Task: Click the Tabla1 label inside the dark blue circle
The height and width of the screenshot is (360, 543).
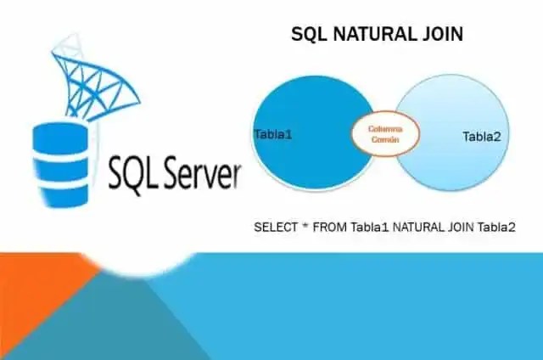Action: [273, 134]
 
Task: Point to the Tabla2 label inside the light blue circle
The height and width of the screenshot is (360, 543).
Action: [482, 137]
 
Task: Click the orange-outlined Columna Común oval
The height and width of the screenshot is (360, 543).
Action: [384, 133]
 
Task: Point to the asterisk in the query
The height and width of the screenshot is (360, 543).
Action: [305, 227]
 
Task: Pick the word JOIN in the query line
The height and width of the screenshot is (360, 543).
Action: [464, 228]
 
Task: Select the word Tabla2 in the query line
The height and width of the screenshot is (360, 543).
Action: [500, 228]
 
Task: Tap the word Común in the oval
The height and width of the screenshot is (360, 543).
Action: [384, 138]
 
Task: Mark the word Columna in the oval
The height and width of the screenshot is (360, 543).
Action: [384, 128]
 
